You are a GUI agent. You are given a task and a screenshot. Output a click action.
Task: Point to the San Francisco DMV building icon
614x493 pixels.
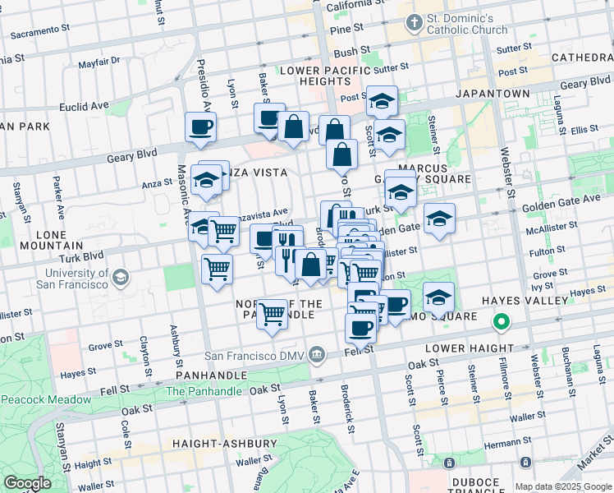318,356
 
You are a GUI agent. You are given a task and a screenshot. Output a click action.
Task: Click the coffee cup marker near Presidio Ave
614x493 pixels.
200,127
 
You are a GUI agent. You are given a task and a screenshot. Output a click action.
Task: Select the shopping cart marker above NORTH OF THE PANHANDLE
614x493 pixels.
272,312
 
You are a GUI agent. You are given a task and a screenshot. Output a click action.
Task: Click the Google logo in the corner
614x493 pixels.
27,483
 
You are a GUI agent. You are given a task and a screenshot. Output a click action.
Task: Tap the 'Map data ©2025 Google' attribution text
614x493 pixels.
562,486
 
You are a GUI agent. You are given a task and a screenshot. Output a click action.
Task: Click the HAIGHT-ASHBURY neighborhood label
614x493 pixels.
224,444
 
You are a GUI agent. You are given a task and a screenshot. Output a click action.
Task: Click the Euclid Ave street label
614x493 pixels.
84,106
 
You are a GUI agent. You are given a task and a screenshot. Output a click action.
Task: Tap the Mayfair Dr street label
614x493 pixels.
99,61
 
